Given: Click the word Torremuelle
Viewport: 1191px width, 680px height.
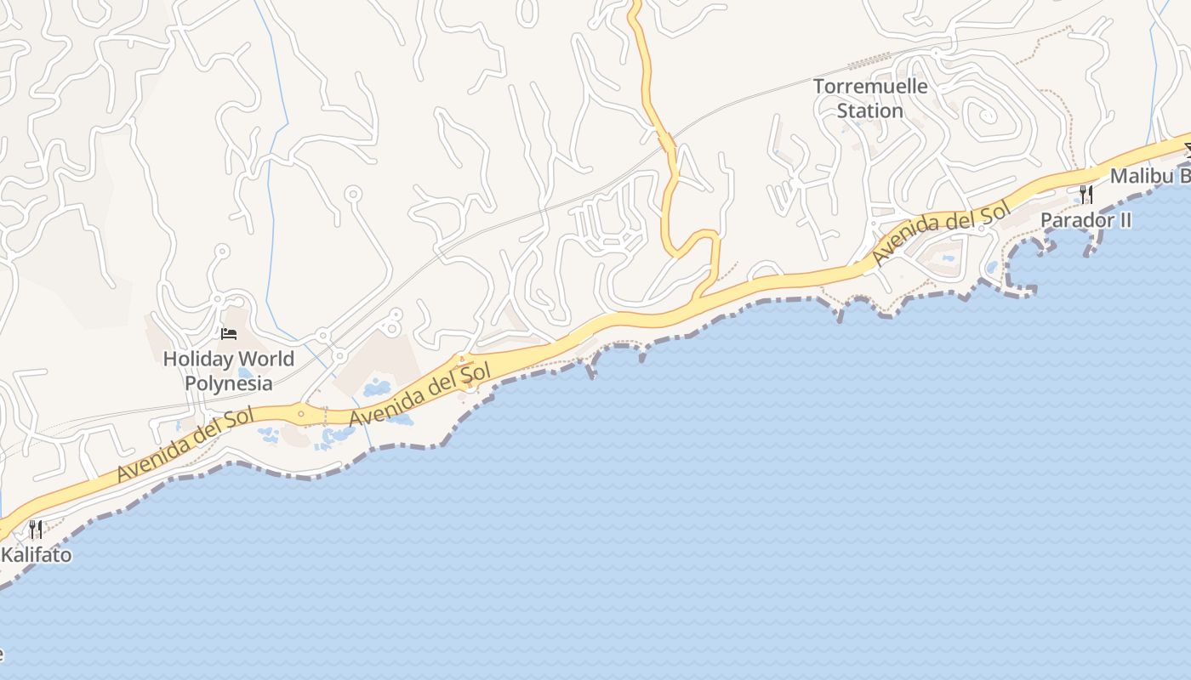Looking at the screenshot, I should [x=870, y=87].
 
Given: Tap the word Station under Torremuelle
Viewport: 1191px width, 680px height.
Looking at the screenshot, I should [x=869, y=110].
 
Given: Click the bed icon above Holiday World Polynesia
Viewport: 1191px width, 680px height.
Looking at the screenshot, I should [x=228, y=333].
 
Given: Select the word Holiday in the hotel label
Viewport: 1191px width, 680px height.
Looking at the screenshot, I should [x=194, y=359].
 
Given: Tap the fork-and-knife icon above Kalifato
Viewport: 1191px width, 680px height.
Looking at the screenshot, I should [x=36, y=530].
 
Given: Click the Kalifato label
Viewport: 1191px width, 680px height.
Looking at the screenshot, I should [x=36, y=556].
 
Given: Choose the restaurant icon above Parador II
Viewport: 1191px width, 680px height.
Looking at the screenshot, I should [x=1086, y=195].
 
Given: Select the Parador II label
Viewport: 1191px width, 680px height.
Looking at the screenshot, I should [x=1086, y=220].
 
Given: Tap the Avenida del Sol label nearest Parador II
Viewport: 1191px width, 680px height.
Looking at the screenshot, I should [x=940, y=230].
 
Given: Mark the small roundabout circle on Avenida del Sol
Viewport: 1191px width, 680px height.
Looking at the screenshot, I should [x=300, y=414].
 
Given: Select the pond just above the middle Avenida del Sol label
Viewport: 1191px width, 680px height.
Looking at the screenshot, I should [x=376, y=389].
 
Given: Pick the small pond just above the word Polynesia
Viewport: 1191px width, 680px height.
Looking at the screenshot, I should [x=245, y=372].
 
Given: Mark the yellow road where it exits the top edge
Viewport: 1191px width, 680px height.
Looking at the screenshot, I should [x=634, y=4].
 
